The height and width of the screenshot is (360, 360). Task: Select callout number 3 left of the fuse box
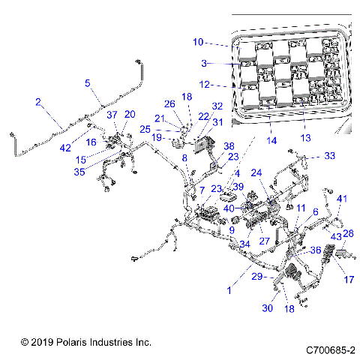202,64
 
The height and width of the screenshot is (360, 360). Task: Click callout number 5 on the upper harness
88,83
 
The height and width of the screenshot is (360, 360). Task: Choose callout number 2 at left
38,101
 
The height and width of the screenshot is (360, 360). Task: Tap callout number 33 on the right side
331,156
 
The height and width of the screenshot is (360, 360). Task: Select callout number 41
342,198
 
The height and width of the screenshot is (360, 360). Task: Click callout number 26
169,104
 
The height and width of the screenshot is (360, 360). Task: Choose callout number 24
257,172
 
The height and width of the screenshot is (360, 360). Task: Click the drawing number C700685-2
331,349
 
